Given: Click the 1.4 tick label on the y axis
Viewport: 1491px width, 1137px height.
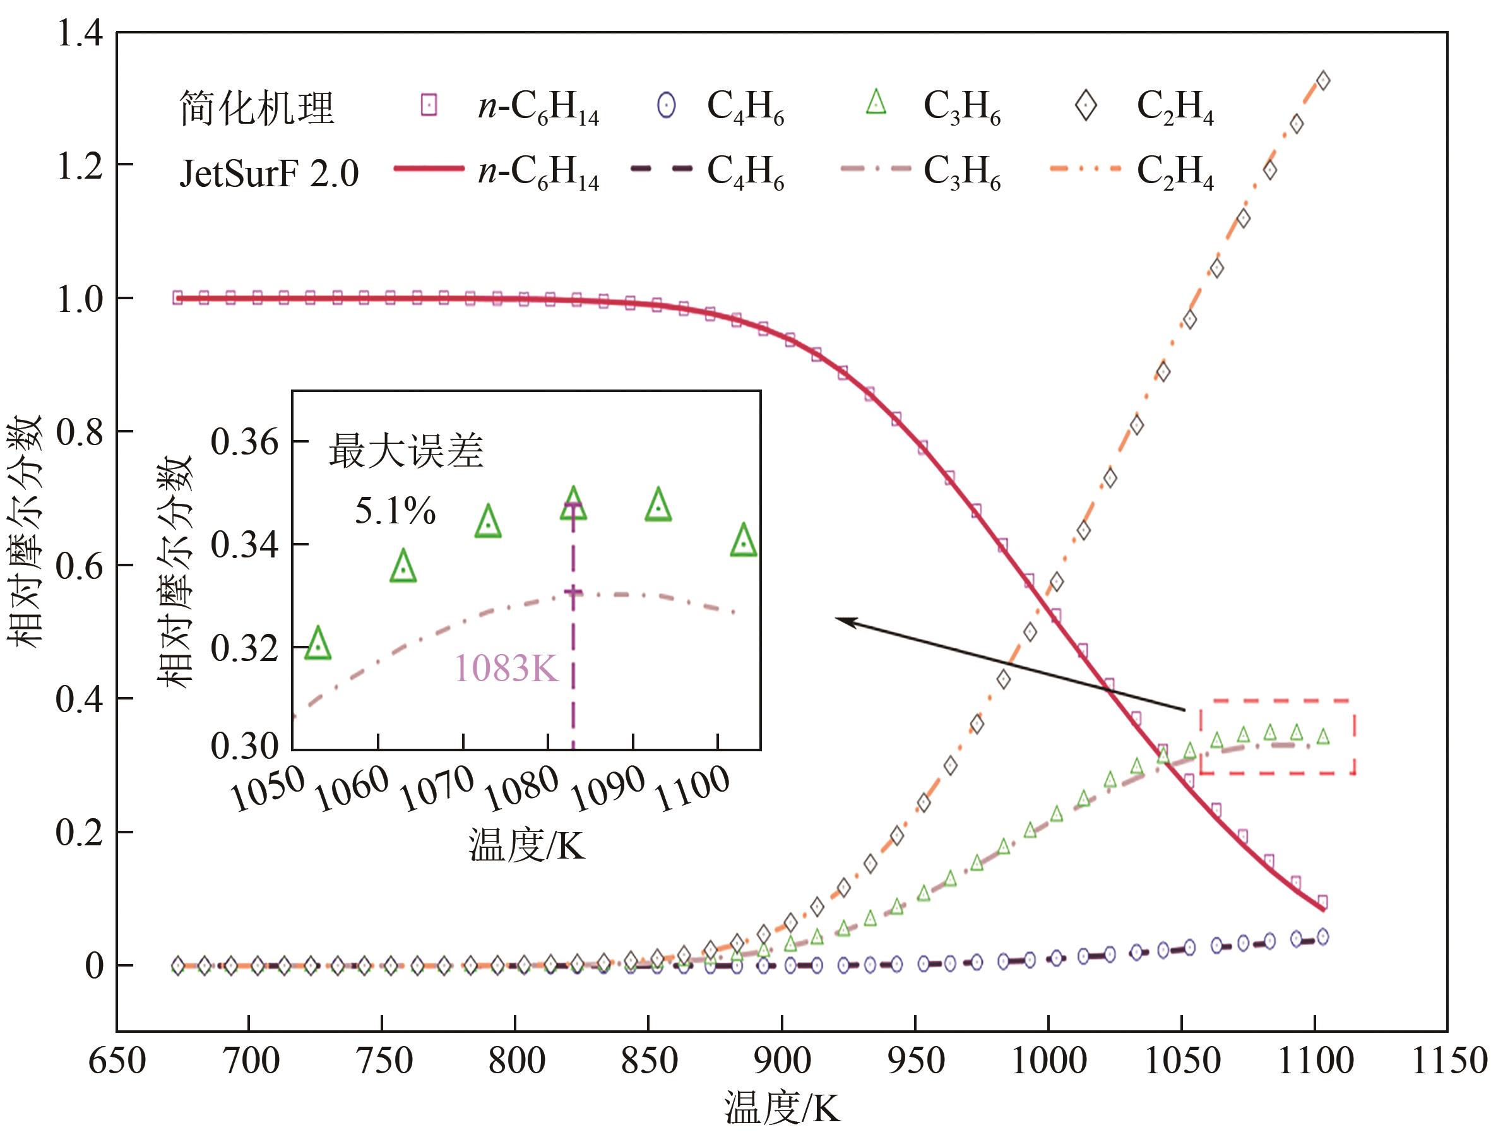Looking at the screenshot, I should [x=80, y=34].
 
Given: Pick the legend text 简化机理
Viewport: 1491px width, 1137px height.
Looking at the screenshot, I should [x=256, y=109].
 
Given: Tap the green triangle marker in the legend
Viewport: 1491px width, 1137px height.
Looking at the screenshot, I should [x=876, y=103].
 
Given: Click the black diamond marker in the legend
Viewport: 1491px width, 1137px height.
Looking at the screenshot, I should [x=1086, y=106].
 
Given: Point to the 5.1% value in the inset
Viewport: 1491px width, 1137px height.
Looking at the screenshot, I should [x=395, y=511].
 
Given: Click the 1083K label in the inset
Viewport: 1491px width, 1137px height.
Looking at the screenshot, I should [x=506, y=669].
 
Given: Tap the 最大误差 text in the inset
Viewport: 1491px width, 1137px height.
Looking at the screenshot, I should [x=406, y=451].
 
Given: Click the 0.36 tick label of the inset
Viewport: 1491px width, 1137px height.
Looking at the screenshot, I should [x=244, y=443].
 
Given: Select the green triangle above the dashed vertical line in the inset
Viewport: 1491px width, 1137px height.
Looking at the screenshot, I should [x=573, y=505].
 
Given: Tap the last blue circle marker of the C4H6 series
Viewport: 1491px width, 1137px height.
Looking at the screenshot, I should [x=1322, y=938].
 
